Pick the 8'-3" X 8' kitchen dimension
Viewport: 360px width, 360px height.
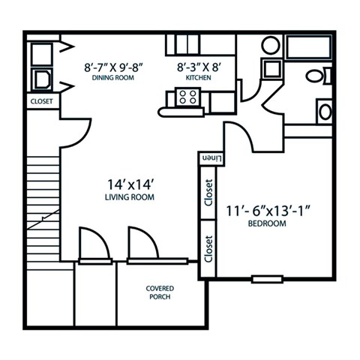(197, 66)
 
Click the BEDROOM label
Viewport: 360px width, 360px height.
(268, 223)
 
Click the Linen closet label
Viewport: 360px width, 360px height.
(211, 158)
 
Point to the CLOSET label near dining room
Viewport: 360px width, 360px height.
(41, 100)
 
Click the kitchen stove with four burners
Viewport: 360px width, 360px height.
(187, 96)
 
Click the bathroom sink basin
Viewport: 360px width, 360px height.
(325, 112)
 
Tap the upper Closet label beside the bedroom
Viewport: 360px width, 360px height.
(208, 193)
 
